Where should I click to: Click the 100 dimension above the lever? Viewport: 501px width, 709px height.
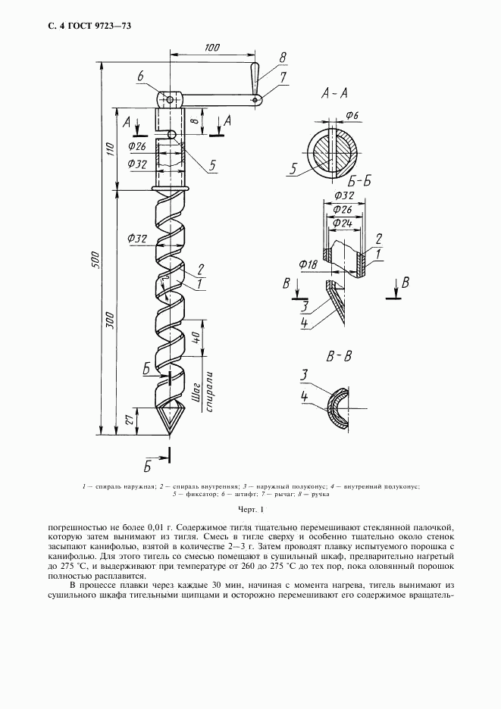click(x=211, y=48)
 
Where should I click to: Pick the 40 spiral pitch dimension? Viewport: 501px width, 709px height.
click(x=195, y=336)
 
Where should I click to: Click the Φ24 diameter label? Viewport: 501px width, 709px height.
click(x=342, y=225)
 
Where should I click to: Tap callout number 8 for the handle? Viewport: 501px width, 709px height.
click(x=282, y=57)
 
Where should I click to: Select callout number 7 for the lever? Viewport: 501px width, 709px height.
click(x=282, y=77)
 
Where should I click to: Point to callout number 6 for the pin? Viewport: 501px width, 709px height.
click(x=141, y=76)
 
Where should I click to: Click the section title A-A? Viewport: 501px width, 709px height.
click(x=335, y=94)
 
